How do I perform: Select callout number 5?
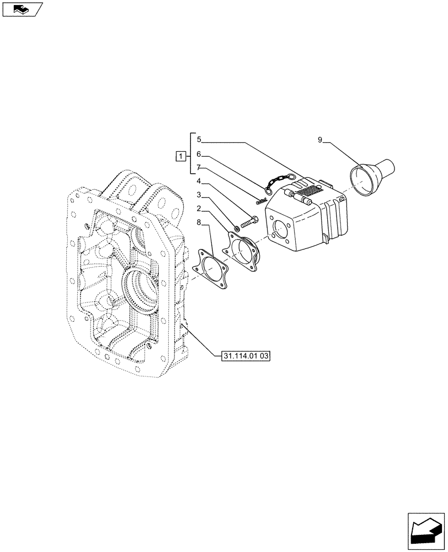(199, 140)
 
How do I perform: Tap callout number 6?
(199, 155)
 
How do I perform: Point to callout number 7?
(199, 168)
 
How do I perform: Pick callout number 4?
(199, 182)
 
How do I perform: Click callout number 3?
(199, 196)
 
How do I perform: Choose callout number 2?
(199, 210)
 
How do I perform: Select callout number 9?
(320, 140)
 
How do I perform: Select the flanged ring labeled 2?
(243, 252)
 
